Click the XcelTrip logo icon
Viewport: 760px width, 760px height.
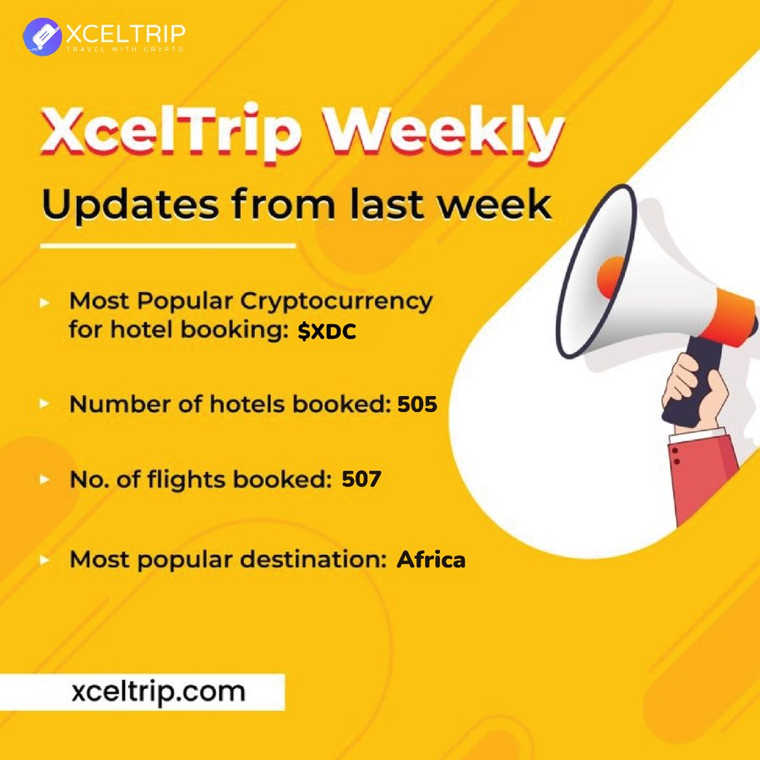pyautogui.click(x=42, y=37)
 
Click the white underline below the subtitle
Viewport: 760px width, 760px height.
pyautogui.click(x=168, y=246)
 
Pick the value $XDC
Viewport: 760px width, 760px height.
pyautogui.click(x=327, y=333)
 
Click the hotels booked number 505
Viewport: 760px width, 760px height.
pyautogui.click(x=417, y=404)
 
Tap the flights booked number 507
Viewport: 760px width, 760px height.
pyautogui.click(x=361, y=480)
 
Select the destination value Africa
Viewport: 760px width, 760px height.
pyautogui.click(x=431, y=559)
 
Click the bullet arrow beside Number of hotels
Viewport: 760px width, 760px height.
pyautogui.click(x=44, y=404)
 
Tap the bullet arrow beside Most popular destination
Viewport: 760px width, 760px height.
pyautogui.click(x=44, y=559)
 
